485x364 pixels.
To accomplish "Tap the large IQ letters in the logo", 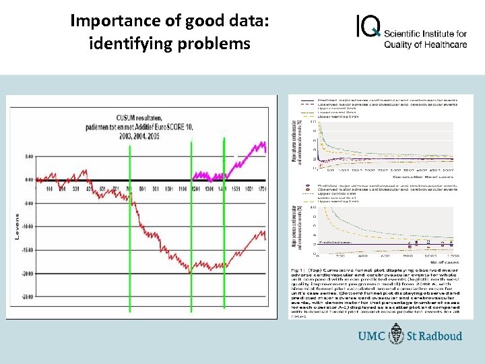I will pos(368,26).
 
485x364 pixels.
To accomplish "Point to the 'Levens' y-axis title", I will pos(17,226).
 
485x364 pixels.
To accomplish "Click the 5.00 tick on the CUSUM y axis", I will pos(28,156).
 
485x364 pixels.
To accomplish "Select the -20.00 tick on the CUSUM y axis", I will pos(26,274).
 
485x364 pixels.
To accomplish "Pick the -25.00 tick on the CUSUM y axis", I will pos(26,297).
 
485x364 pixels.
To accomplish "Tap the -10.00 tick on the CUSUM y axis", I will pos(26,226).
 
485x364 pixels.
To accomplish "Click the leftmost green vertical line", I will pos(130,222).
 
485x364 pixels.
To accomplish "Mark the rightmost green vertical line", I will pos(224,222).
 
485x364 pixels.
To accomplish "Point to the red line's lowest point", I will pos(190,272).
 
